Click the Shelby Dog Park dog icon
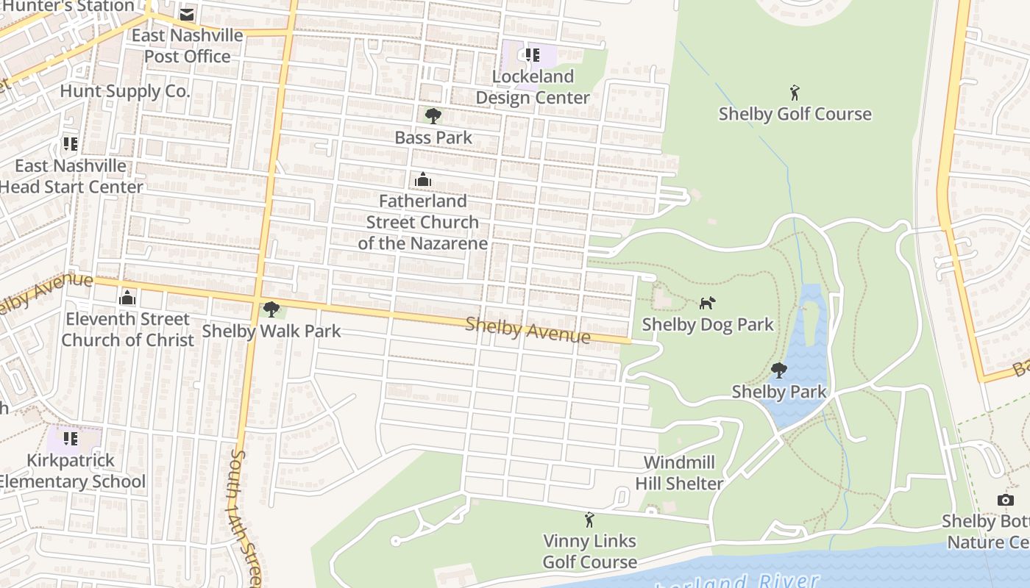pyautogui.click(x=706, y=303)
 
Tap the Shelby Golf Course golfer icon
pyautogui.click(x=794, y=93)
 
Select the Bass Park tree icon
pyautogui.click(x=433, y=115)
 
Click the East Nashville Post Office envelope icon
pyautogui.click(x=187, y=15)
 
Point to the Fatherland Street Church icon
pyautogui.click(x=422, y=179)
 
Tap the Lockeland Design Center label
pyautogui.click(x=533, y=87)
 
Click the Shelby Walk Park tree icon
pyautogui.click(x=271, y=309)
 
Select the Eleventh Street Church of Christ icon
pyautogui.click(x=127, y=298)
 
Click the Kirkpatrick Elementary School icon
pyautogui.click(x=71, y=439)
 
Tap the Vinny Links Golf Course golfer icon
pyautogui.click(x=589, y=520)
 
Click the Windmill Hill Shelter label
pyautogui.click(x=679, y=473)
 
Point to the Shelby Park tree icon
pyautogui.click(x=778, y=370)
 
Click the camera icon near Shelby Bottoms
pyautogui.click(x=1005, y=500)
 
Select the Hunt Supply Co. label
pyautogui.click(x=124, y=91)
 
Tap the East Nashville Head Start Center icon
pyautogui.click(x=71, y=143)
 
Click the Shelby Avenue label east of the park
pyautogui.click(x=528, y=329)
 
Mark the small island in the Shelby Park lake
pyautogui.click(x=809, y=324)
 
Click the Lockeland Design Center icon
pyautogui.click(x=533, y=54)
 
